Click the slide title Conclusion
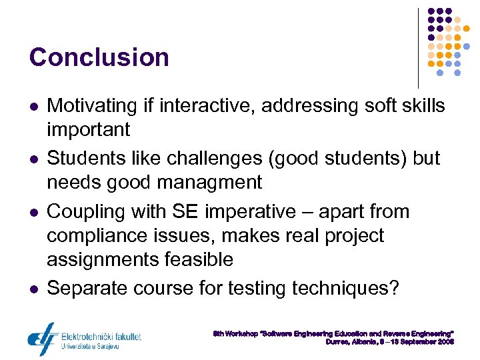point(99,57)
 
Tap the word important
point(89,129)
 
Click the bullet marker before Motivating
point(33,107)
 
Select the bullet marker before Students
point(33,159)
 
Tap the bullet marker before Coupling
point(33,213)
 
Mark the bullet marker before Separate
point(33,289)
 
